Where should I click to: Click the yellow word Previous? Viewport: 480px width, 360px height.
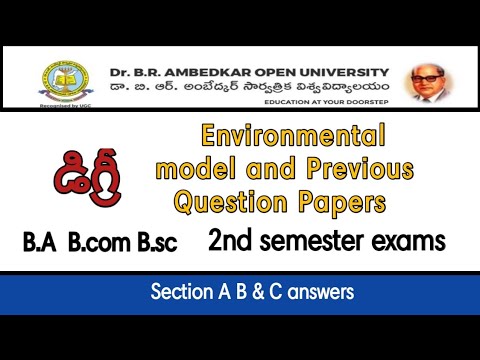coord(334,168)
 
